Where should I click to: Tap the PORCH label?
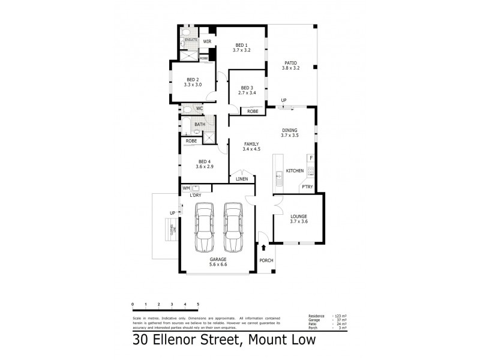click(x=266, y=260)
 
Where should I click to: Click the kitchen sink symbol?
click(x=279, y=178)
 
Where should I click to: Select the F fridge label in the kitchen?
click(x=310, y=158)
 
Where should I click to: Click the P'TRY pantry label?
click(x=307, y=187)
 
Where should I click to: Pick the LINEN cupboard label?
click(x=242, y=179)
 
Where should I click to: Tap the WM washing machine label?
click(x=186, y=188)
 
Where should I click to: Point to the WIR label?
click(x=207, y=41)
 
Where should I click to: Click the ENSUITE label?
click(x=191, y=40)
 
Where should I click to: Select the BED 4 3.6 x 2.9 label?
click(x=205, y=164)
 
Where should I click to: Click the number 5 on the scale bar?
click(x=198, y=305)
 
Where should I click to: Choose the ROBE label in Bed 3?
click(x=253, y=111)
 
